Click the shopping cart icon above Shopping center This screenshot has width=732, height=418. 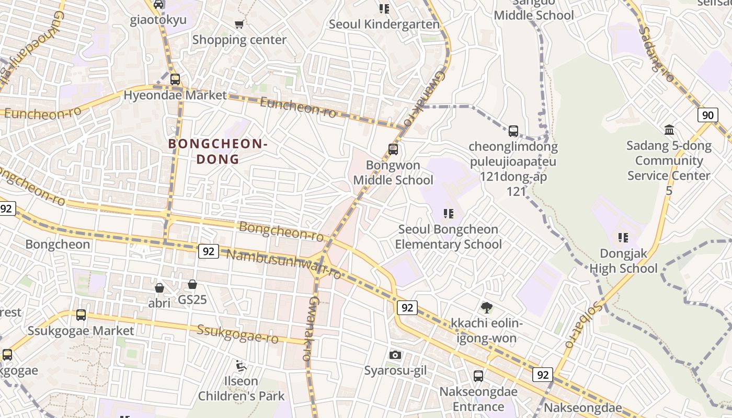click(x=239, y=24)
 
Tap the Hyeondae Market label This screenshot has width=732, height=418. click(x=175, y=95)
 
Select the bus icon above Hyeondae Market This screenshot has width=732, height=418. click(x=175, y=79)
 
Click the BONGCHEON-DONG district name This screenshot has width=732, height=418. click(x=218, y=151)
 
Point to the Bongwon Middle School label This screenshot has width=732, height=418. click(x=393, y=173)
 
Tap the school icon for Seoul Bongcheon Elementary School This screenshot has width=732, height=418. click(x=448, y=213)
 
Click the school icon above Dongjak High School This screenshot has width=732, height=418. click(x=623, y=238)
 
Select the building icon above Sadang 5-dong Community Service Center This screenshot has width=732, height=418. click(x=669, y=130)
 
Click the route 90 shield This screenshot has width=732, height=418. click(x=707, y=115)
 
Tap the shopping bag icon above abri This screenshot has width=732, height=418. click(x=159, y=288)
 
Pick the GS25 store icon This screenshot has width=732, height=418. click(x=192, y=284)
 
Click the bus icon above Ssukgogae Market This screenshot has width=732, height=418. click(x=81, y=315)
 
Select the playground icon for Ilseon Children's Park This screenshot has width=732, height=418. click(x=241, y=366)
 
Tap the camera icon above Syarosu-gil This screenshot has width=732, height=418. click(x=395, y=355)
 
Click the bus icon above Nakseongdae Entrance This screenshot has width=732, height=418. click(x=478, y=376)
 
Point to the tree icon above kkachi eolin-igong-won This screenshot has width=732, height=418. click(x=486, y=307)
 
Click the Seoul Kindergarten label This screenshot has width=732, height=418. click(x=384, y=24)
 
